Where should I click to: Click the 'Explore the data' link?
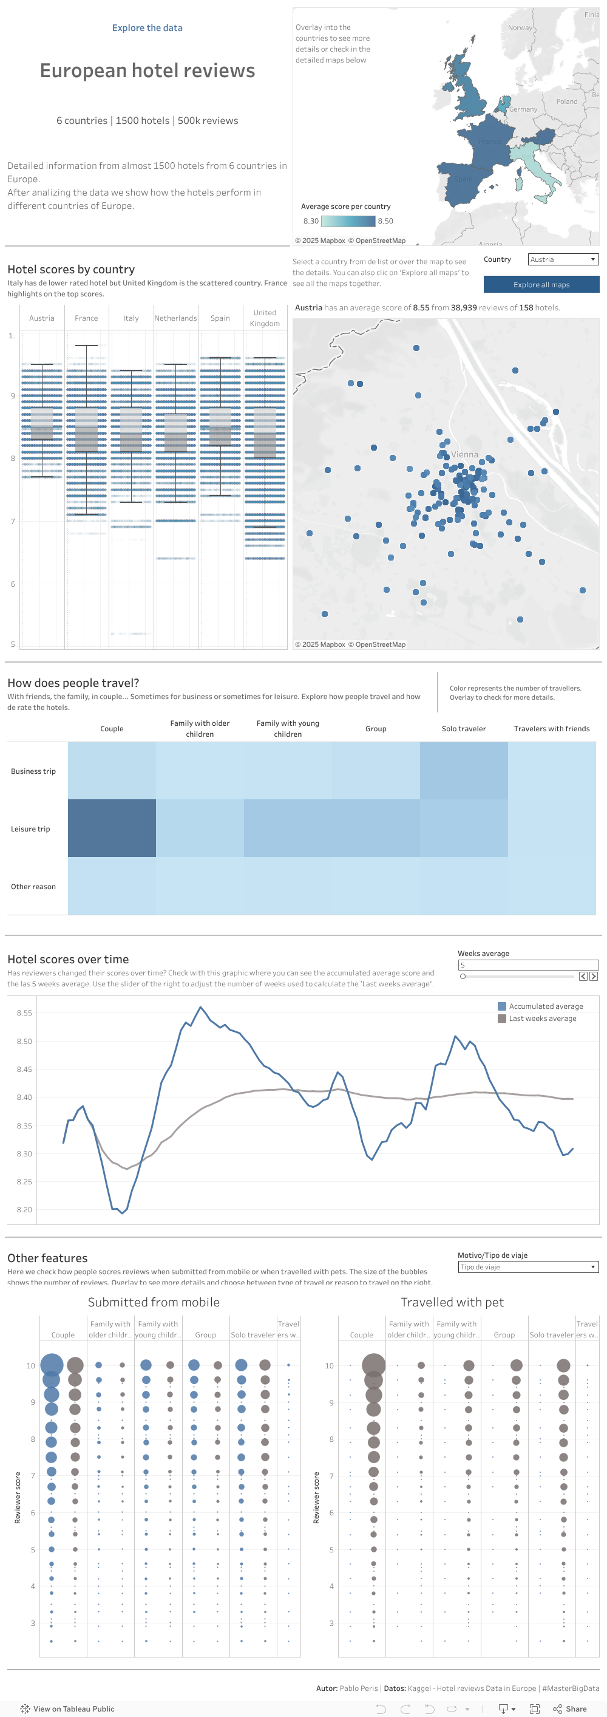point(148,28)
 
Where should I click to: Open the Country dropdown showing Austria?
point(563,259)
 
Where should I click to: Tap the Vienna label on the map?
point(464,454)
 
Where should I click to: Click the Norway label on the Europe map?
point(520,28)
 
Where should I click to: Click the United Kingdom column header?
point(265,318)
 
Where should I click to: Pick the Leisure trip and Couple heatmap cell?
point(112,828)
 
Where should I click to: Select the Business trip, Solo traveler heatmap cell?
point(464,771)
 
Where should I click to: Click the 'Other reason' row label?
point(33,887)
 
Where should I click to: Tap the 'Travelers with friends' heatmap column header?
point(552,728)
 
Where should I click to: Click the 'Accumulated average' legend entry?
point(545,1006)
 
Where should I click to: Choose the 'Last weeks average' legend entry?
point(541,1019)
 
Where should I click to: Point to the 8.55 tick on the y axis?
point(24,1012)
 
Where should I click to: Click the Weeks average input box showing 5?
point(526,964)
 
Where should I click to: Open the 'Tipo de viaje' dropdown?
point(527,1267)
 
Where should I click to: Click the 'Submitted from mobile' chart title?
point(154,1302)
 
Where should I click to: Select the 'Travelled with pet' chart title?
point(452,1302)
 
